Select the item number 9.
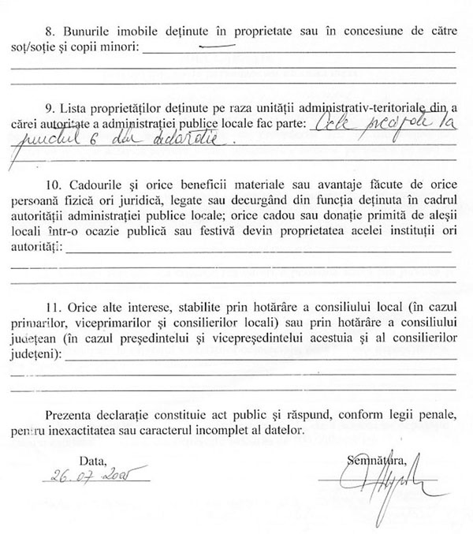point(50,107)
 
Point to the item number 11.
point(52,305)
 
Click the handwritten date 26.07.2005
point(86,478)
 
